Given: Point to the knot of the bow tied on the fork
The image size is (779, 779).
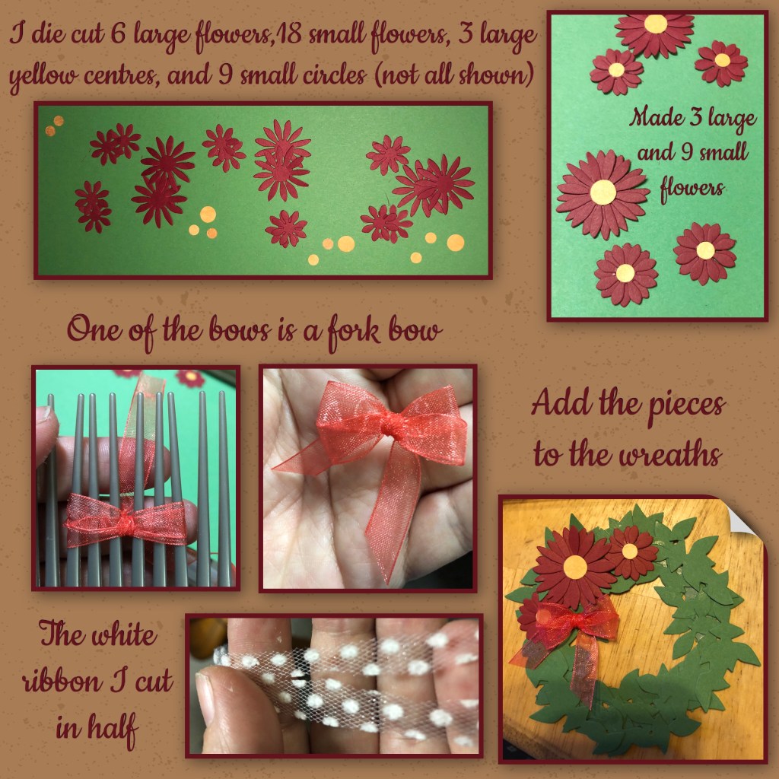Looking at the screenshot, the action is [126, 522].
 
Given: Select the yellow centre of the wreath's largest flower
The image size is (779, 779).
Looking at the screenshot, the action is [575, 568].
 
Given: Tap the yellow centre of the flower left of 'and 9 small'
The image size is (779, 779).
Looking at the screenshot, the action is [603, 192].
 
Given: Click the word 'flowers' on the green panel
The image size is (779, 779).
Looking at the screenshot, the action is [692, 189].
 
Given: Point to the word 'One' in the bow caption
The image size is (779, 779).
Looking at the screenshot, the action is [94, 329].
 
